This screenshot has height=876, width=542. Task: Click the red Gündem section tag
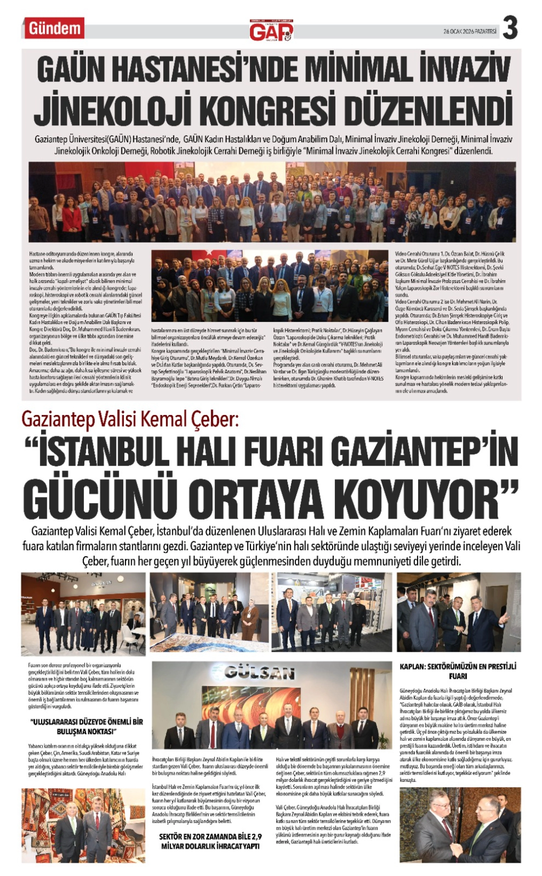click(54, 28)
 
